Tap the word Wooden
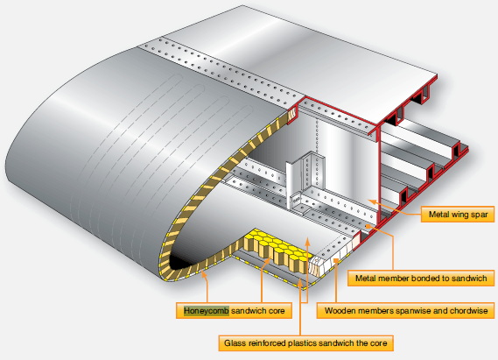tap(344, 310)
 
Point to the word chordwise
tap(468, 310)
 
